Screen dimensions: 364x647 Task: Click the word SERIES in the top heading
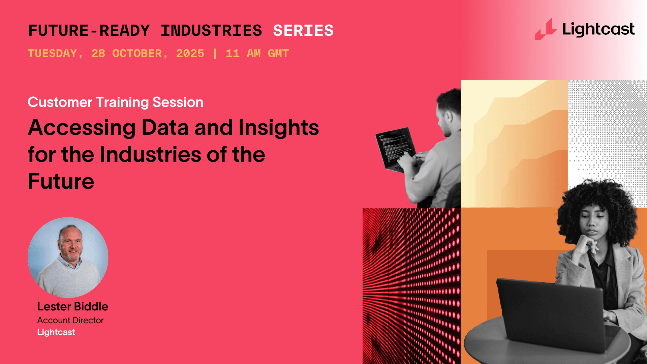[303, 31]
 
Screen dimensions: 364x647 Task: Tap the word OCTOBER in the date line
[137, 54]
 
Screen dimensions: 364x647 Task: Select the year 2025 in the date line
[190, 54]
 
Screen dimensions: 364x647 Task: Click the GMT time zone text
[278, 54]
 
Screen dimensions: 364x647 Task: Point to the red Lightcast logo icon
[546, 30]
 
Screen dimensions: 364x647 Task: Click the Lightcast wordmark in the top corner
[598, 30]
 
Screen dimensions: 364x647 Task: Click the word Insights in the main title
[278, 128]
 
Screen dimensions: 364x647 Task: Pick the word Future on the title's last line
[61, 182]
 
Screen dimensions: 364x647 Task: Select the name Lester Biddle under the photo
[72, 306]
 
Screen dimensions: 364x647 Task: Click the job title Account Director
[70, 320]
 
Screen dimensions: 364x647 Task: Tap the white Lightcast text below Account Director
[56, 332]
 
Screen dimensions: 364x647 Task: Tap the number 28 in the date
[98, 54]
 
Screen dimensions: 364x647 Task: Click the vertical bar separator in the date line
[215, 54]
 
